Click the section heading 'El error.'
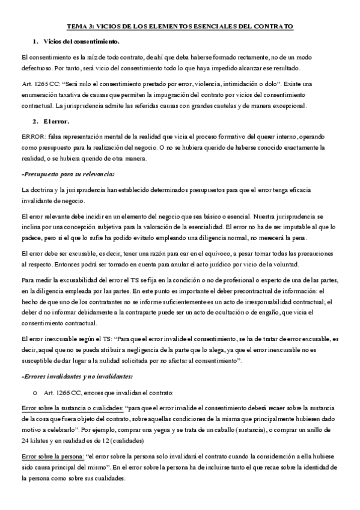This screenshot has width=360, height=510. [x=57, y=121]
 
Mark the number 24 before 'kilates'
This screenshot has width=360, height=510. [x=25, y=441]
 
